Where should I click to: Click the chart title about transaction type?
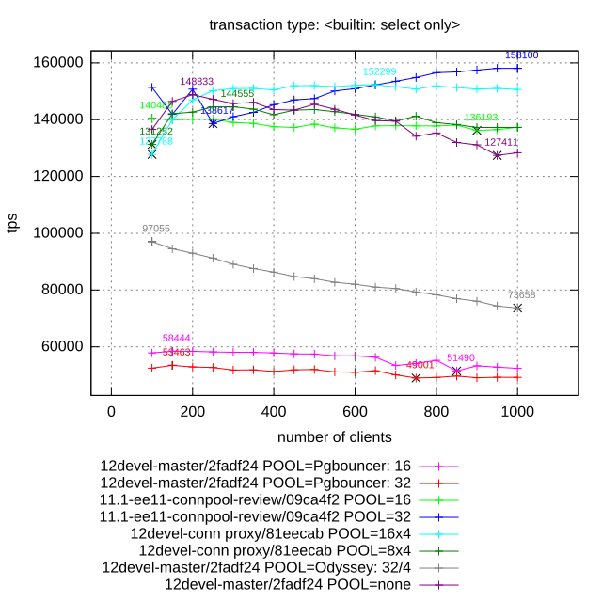coord(334,24)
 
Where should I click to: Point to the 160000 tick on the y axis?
coord(61,63)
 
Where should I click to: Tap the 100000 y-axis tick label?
coord(61,233)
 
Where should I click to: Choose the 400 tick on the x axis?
coord(274,411)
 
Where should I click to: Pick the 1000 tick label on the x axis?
coord(517,411)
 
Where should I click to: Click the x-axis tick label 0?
coord(111,411)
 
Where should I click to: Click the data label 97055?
coord(156,229)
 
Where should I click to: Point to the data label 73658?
coord(521,295)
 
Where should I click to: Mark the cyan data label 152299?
coord(379,72)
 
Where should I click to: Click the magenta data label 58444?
coord(177,339)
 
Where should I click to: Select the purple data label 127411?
coord(501,143)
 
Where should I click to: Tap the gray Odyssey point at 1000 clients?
coord(517,308)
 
